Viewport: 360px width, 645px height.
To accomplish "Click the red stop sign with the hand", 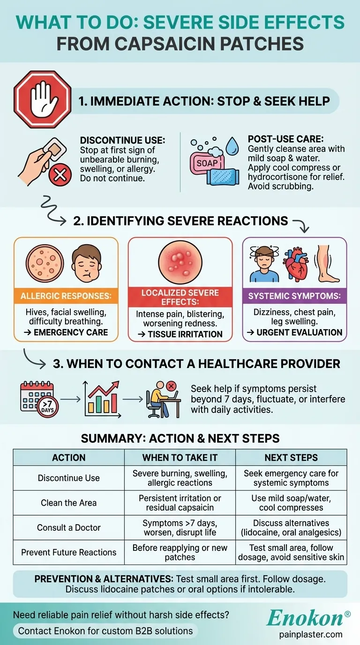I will pos(42,99).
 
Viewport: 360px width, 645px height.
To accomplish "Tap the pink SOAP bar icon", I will pos(205,164).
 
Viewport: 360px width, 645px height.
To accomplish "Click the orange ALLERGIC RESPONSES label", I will pos(66,297).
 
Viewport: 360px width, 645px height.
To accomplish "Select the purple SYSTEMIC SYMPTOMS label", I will pos(294,296).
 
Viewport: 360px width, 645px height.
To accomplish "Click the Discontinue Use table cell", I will pos(69,478).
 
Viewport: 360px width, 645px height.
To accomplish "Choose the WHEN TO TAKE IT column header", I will pos(180,457).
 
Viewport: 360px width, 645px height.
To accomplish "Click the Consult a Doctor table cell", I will pos(69,527).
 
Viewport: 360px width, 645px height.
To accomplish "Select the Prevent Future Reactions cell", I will pos(69,552).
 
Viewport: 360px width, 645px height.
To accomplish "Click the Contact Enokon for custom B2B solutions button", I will pos(105,631).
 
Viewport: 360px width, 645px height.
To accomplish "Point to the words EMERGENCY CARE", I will pos(71,332).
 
